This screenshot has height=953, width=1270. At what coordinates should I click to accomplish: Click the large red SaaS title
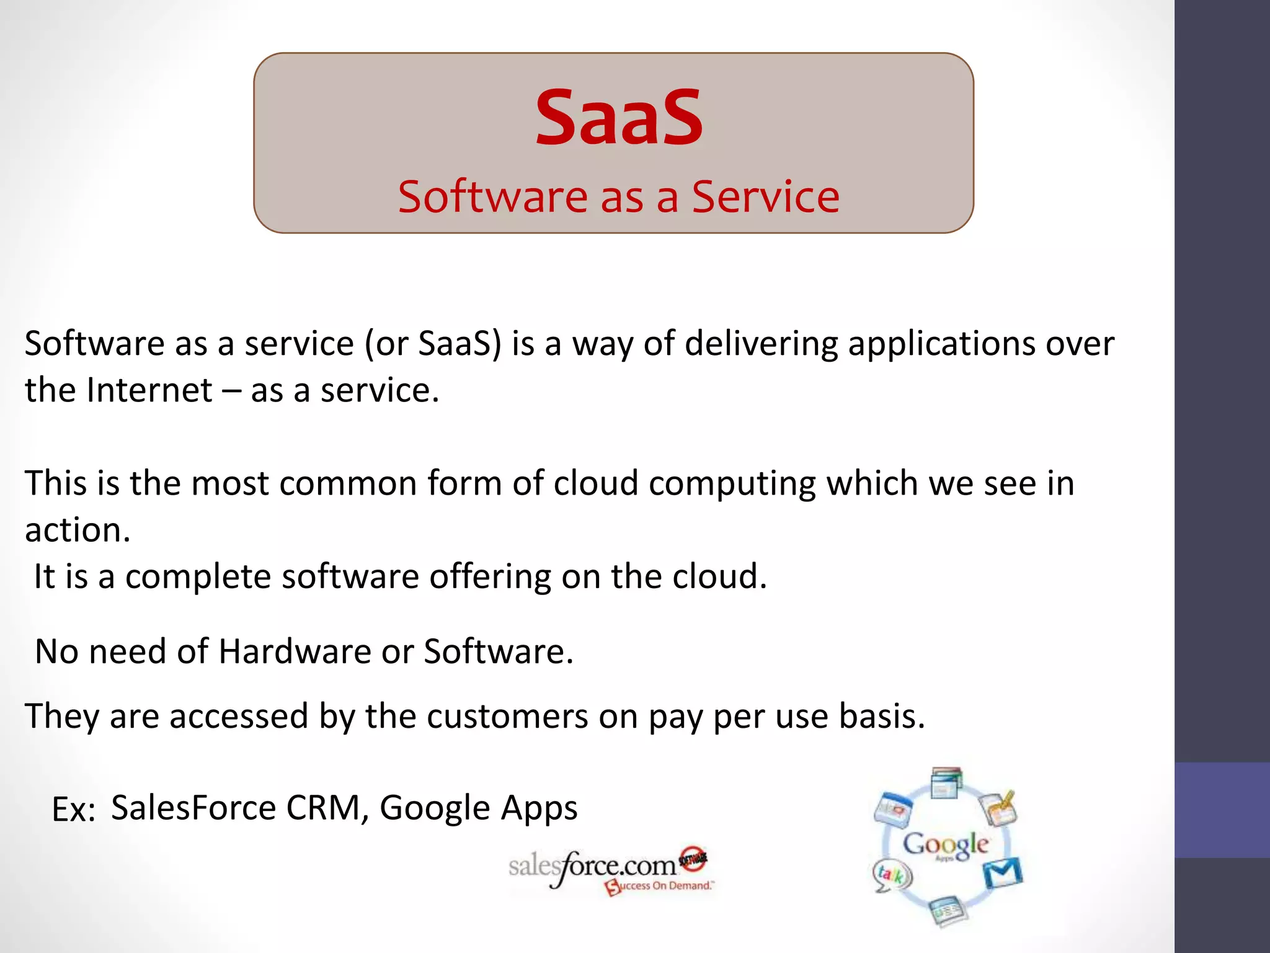pyautogui.click(x=619, y=118)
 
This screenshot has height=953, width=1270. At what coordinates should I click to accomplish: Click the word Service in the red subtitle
pyautogui.click(x=765, y=197)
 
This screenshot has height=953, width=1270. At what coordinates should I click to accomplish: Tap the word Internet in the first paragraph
pyautogui.click(x=149, y=391)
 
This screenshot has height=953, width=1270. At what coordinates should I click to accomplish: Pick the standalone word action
pyautogui.click(x=78, y=530)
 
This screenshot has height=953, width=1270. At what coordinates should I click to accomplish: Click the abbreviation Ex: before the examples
pyautogui.click(x=73, y=810)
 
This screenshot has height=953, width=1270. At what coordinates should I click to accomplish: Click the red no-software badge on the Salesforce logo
pyautogui.click(x=693, y=859)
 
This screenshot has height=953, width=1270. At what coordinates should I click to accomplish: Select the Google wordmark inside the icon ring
pyautogui.click(x=945, y=844)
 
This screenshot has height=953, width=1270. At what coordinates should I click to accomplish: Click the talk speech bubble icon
pyautogui.click(x=891, y=875)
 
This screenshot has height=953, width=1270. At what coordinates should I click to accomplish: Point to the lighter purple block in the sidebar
pyautogui.click(x=1222, y=810)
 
